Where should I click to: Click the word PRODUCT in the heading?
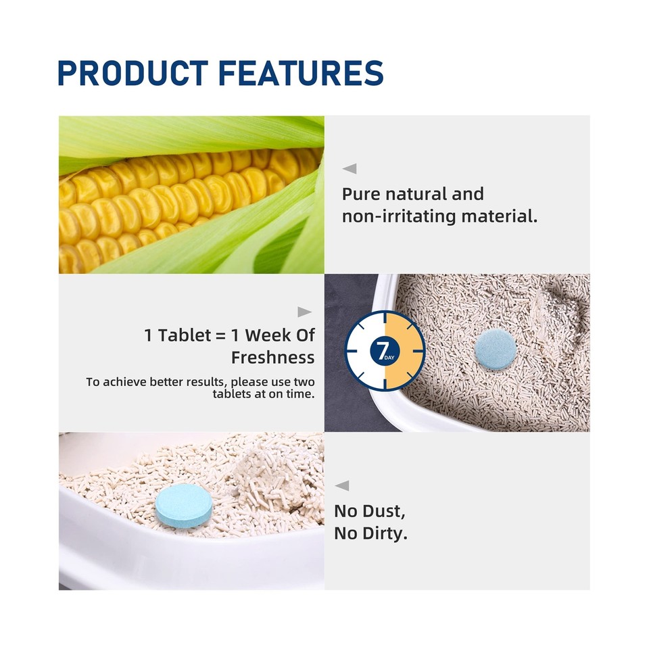133,73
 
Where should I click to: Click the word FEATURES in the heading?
301,73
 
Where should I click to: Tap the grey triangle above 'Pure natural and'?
350,168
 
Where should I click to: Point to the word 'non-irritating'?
399,216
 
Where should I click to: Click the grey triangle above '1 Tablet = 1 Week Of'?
305,312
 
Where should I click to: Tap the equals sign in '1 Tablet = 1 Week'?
221,336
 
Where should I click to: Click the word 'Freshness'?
272,357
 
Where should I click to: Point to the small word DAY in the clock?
389,358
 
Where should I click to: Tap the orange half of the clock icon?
404,350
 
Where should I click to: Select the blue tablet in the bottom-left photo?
184,506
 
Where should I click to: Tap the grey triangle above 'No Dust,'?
342,485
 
